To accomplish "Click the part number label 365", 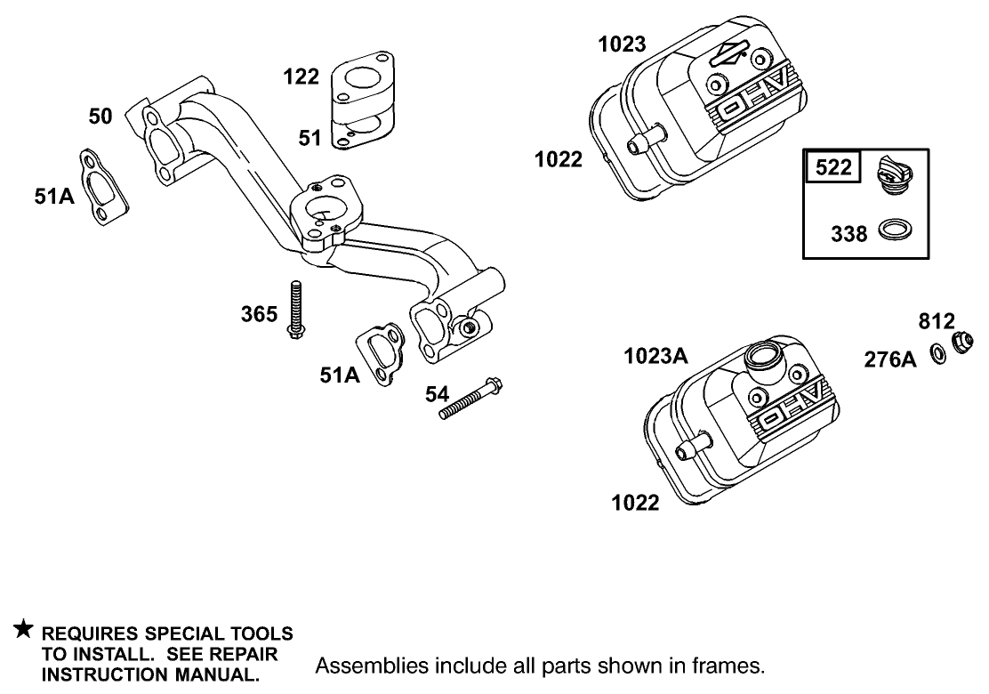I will click(259, 314).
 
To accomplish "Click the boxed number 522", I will click(833, 166).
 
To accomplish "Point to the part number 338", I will click(848, 234).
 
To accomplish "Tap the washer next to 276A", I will click(937, 354).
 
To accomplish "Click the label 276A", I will click(889, 359).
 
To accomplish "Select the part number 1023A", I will click(655, 357).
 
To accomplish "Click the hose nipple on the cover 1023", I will click(642, 141).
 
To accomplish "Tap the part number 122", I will click(302, 77).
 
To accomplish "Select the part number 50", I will click(100, 116).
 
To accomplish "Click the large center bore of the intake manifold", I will click(323, 214).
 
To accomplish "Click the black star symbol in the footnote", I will click(24, 631).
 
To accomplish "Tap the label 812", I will click(937, 321).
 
